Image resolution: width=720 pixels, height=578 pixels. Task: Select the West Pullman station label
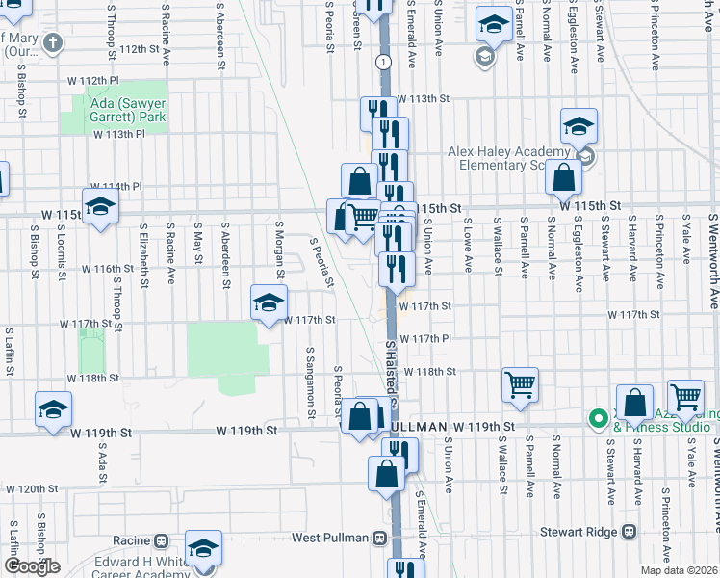(332, 564)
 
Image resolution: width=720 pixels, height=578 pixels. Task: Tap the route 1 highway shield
(384, 61)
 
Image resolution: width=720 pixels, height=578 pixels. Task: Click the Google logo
(33, 566)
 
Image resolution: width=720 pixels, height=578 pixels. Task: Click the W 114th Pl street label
(116, 186)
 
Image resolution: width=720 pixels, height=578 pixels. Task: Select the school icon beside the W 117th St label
(270, 302)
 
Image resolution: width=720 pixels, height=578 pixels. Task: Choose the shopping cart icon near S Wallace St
(520, 384)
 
